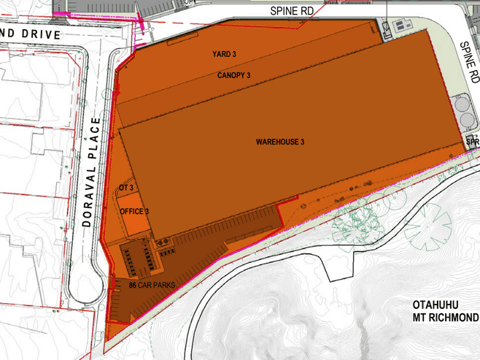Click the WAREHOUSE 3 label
pyautogui.click(x=279, y=142)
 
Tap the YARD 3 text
pyautogui.click(x=225, y=55)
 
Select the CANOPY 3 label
pyautogui.click(x=234, y=75)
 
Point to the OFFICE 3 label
pyautogui.click(x=134, y=212)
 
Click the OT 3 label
pyautogui.click(x=125, y=188)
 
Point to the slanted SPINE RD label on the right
pyautogui.click(x=469, y=61)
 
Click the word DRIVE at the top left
pyautogui.click(x=57, y=34)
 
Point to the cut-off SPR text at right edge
pyautogui.click(x=473, y=142)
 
